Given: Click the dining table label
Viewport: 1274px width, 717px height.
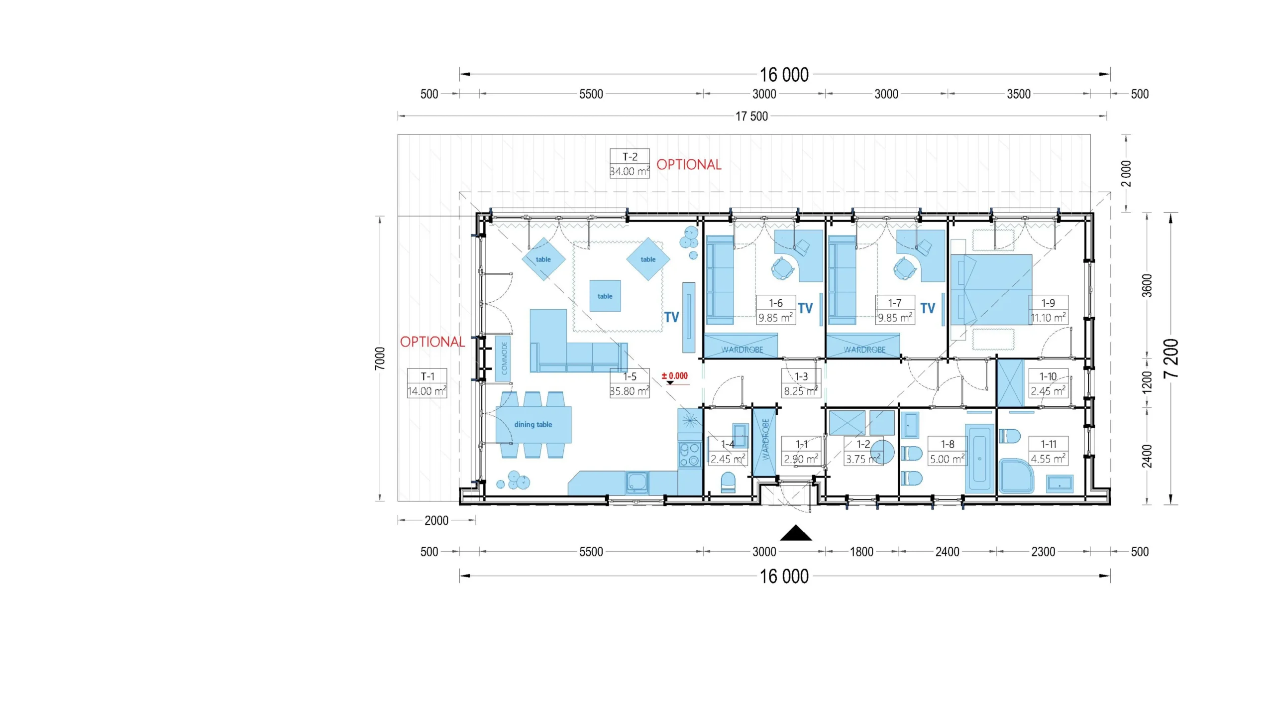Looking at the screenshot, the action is (533, 425).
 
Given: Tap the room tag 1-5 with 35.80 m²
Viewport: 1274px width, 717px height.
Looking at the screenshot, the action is (630, 383).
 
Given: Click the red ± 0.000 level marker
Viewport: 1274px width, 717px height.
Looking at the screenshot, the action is (675, 376).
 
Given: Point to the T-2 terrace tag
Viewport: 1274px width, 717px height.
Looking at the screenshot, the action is (630, 164).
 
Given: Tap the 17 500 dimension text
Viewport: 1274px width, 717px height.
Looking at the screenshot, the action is (751, 117).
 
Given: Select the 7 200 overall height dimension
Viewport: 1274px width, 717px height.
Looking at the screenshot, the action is (1171, 358).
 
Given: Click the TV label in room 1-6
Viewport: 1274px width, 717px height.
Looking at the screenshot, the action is (805, 308).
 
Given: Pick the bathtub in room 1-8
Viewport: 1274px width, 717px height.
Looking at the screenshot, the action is (979, 459).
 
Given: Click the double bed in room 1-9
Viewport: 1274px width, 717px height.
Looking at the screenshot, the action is (991, 290).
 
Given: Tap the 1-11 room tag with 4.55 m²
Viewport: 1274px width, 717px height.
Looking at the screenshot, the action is (1048, 452).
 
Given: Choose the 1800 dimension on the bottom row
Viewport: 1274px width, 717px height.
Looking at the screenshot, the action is (861, 552).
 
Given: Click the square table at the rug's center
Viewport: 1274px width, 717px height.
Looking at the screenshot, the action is (605, 296).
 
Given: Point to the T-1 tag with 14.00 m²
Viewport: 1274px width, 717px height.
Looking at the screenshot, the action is (427, 383).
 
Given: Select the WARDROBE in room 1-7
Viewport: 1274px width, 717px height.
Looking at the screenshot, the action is (863, 346).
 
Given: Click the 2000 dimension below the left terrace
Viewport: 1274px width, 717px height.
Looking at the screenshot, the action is (436, 521).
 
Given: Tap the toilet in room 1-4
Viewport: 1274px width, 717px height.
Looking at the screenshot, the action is (728, 482).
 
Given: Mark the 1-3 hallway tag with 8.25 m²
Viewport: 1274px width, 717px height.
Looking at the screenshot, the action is (801, 383).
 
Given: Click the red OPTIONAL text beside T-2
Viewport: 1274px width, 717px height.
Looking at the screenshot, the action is (689, 165).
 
